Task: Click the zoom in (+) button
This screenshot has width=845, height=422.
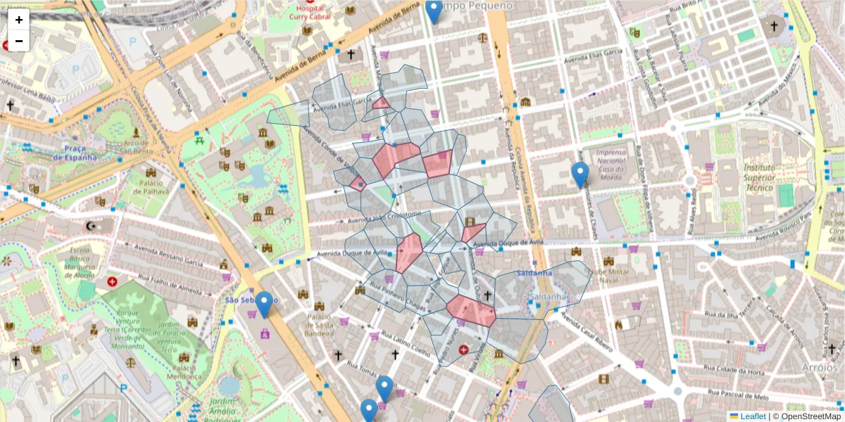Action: (19, 20)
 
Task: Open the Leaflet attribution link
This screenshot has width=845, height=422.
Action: (752, 416)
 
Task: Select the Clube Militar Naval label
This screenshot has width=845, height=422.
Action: (611, 277)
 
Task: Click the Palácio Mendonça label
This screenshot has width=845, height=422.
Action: (175, 372)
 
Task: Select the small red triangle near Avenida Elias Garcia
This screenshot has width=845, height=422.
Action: (382, 103)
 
